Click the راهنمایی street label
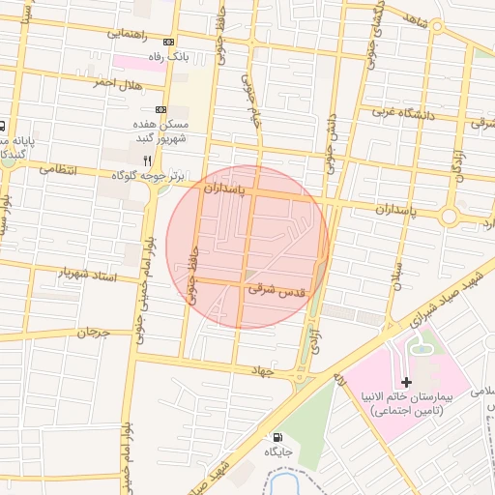click(124, 33)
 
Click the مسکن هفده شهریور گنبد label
click(160, 132)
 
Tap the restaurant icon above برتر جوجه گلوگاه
click(147, 160)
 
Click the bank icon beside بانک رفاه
click(170, 43)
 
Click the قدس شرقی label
click(277, 288)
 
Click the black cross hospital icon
click(406, 383)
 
